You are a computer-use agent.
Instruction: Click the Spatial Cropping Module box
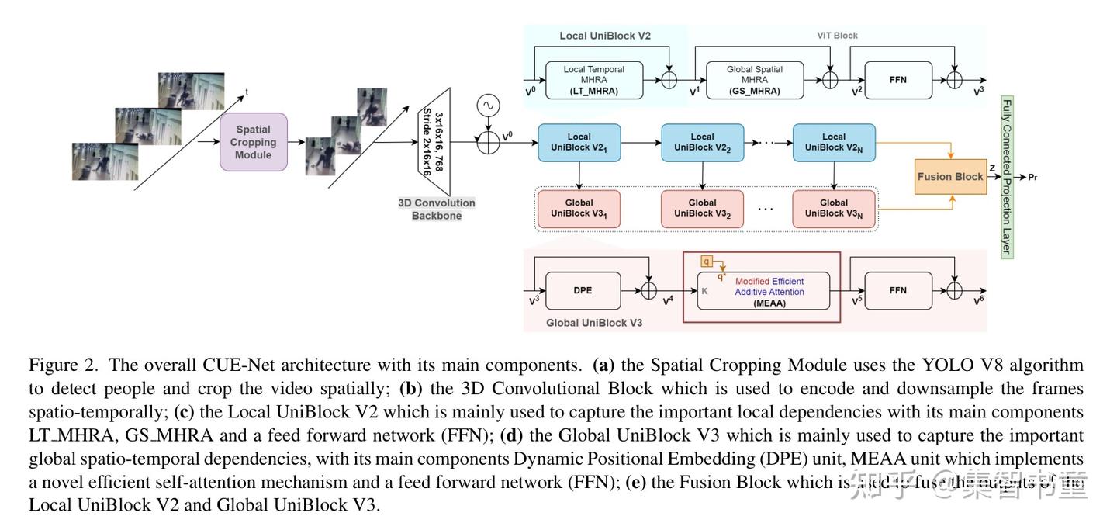254,142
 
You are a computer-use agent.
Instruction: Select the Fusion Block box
950,176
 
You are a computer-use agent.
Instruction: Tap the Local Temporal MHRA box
594,80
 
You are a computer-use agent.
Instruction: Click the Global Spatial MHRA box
754,80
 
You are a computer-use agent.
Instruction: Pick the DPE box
583,291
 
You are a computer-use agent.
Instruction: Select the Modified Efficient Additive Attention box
763,291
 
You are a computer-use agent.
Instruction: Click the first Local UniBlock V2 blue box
579,143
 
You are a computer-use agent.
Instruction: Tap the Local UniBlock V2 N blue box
834,143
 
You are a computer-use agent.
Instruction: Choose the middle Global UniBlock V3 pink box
702,209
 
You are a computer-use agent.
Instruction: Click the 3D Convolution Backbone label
437,209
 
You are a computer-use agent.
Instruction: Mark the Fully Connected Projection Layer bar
1007,177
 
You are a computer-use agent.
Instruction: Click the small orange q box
707,262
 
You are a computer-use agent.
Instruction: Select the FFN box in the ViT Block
898,80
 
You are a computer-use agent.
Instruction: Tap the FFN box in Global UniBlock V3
898,291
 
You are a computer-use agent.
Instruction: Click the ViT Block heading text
837,36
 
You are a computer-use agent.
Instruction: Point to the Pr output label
1032,178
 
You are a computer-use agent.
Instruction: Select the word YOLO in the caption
947,365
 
